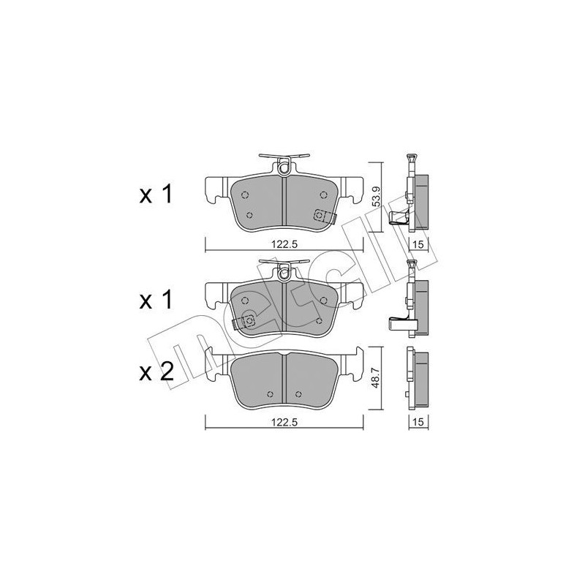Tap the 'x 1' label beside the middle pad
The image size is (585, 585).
pos(156,300)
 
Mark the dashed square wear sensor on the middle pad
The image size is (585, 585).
pos(248,320)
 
